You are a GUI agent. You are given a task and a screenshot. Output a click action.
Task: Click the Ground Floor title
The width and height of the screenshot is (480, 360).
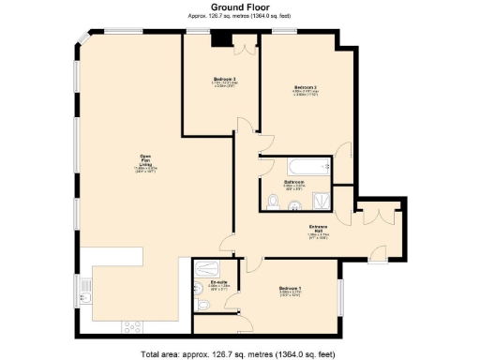coord(240,7)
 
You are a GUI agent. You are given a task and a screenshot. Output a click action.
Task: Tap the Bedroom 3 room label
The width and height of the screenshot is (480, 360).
coord(224,79)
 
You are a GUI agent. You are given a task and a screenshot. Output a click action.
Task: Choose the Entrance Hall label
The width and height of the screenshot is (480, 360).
coord(318,228)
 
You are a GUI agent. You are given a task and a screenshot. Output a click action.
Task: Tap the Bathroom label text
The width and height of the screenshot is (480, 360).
coord(293,181)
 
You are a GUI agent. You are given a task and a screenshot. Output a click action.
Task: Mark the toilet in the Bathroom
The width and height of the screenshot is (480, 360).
coord(273,200)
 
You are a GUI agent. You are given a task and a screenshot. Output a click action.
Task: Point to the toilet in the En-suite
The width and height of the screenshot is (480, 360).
coord(203,307)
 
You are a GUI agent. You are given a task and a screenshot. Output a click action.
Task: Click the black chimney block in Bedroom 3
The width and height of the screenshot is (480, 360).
coord(220,38)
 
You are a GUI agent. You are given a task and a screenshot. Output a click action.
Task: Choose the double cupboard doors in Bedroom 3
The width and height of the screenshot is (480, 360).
coord(246,43)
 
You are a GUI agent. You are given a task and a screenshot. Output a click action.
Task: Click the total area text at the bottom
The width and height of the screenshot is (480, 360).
coord(240,354)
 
